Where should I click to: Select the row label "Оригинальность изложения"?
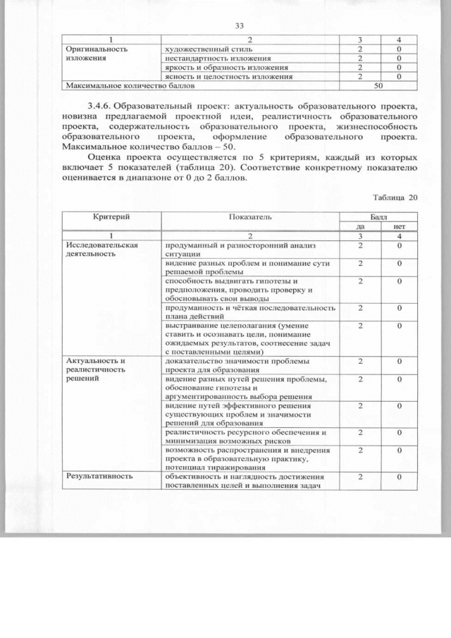(96, 54)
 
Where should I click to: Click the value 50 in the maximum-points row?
(378, 85)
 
